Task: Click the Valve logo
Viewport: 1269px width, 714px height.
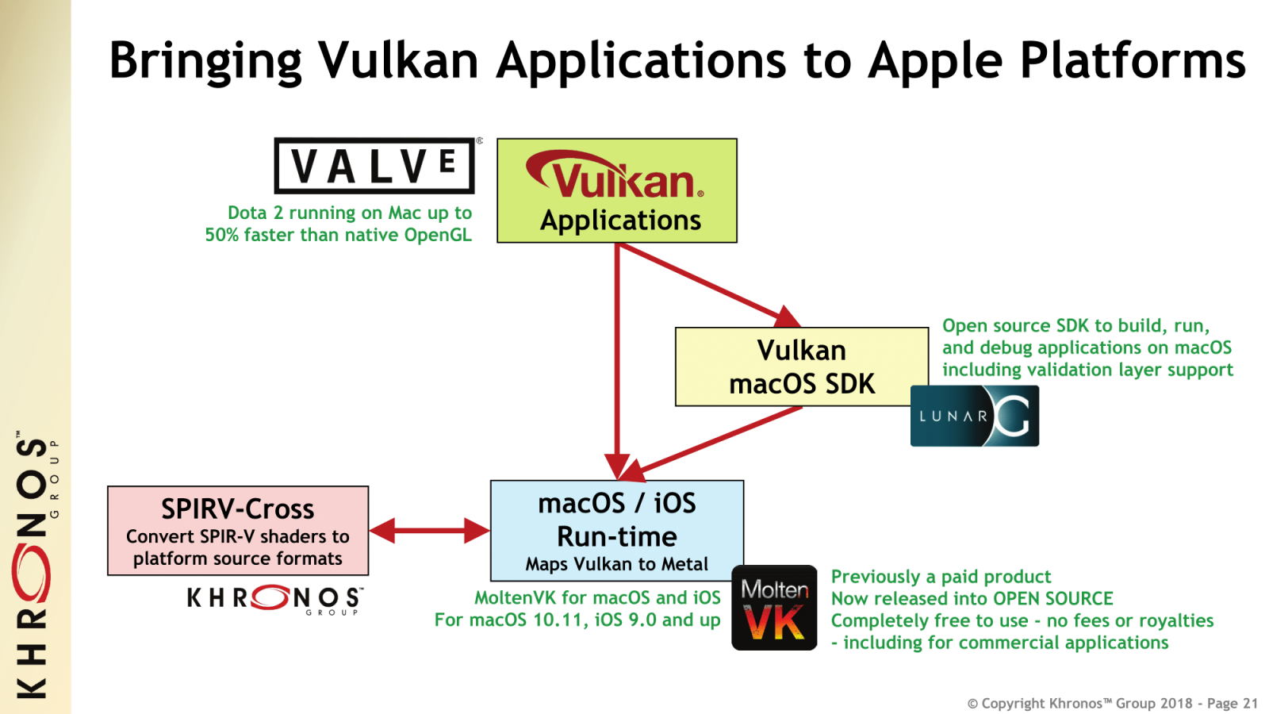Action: click(374, 166)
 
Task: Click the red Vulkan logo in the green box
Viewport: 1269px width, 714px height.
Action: click(615, 176)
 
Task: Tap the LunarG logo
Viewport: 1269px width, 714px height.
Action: click(974, 416)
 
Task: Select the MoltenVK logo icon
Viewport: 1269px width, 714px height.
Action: click(774, 608)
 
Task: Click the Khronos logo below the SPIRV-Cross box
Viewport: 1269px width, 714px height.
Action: click(274, 599)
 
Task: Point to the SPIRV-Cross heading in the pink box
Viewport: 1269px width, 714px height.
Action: click(237, 509)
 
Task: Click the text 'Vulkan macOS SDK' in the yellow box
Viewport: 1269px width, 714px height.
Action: click(802, 367)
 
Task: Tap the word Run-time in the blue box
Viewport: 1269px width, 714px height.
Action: click(617, 536)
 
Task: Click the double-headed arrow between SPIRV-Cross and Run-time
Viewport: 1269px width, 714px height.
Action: click(429, 531)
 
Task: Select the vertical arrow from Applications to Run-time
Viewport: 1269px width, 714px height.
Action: click(616, 357)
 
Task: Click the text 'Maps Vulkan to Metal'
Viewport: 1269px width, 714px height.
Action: click(617, 564)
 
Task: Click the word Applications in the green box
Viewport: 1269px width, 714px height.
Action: click(620, 220)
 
